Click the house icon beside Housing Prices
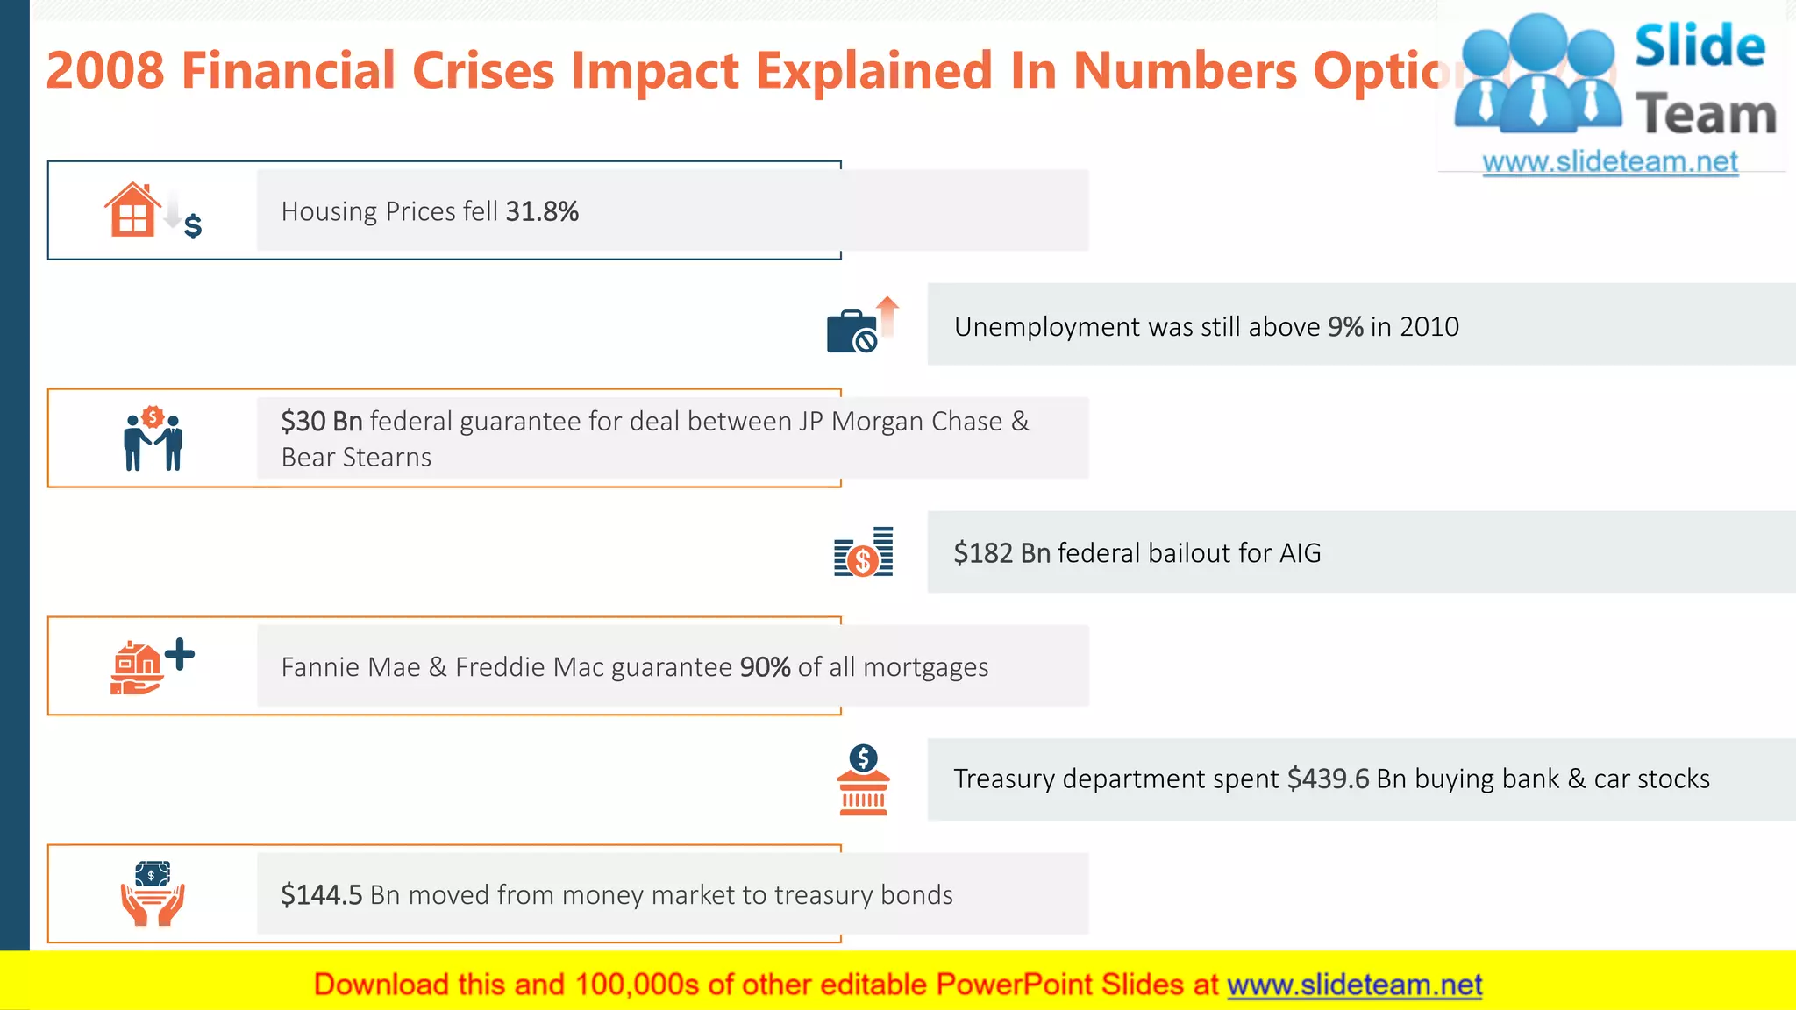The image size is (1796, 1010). click(x=132, y=210)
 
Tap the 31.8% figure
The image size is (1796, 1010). click(x=542, y=211)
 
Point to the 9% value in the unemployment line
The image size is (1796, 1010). click(x=1344, y=327)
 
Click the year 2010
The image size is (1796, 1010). click(x=1429, y=327)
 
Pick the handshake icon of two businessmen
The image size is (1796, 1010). click(x=153, y=439)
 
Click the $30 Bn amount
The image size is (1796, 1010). click(x=321, y=422)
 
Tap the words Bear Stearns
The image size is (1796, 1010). click(x=356, y=458)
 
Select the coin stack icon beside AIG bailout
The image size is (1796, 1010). click(x=863, y=553)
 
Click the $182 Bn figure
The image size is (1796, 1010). click(x=1001, y=553)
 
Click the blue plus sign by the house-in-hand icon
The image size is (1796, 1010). click(x=180, y=654)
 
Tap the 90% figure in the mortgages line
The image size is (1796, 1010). click(x=765, y=667)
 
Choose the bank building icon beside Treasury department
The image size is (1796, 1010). click(x=863, y=781)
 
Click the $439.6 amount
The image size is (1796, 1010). click(x=1328, y=779)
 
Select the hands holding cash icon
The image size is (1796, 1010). click(x=153, y=893)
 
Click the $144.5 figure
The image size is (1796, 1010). click(x=321, y=895)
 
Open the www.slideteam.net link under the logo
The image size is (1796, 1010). click(x=1609, y=162)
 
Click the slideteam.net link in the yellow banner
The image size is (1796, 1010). click(x=1354, y=985)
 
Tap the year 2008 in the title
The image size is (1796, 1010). click(x=105, y=70)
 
